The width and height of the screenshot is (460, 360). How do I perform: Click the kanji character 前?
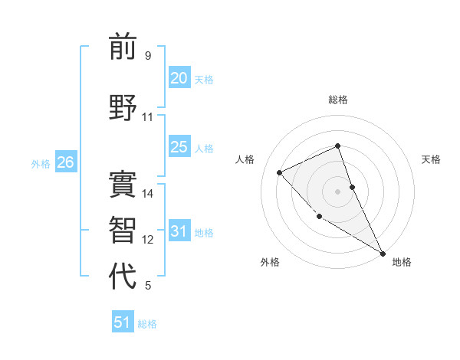click(123, 47)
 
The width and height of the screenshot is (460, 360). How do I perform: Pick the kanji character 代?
click(123, 277)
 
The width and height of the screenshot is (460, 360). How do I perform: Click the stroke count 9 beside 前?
click(147, 56)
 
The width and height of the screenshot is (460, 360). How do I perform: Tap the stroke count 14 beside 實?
click(148, 194)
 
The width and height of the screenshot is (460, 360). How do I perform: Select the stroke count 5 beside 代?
click(147, 286)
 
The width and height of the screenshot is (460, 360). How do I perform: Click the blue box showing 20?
click(179, 78)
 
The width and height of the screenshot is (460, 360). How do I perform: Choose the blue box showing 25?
click(179, 147)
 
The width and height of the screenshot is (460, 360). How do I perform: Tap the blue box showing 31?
click(179, 231)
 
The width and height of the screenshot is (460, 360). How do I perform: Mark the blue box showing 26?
click(65, 162)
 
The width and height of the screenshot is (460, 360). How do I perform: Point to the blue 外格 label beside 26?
click(41, 163)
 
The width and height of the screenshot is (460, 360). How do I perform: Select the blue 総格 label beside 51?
click(147, 324)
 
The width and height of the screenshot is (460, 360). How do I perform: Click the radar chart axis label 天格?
click(432, 159)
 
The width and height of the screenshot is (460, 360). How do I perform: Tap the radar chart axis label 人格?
click(245, 159)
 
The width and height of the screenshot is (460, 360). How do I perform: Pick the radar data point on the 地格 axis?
click(383, 252)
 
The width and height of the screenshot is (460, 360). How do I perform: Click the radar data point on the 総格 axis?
click(337, 146)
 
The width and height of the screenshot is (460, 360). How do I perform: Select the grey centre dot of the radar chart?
click(337, 191)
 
